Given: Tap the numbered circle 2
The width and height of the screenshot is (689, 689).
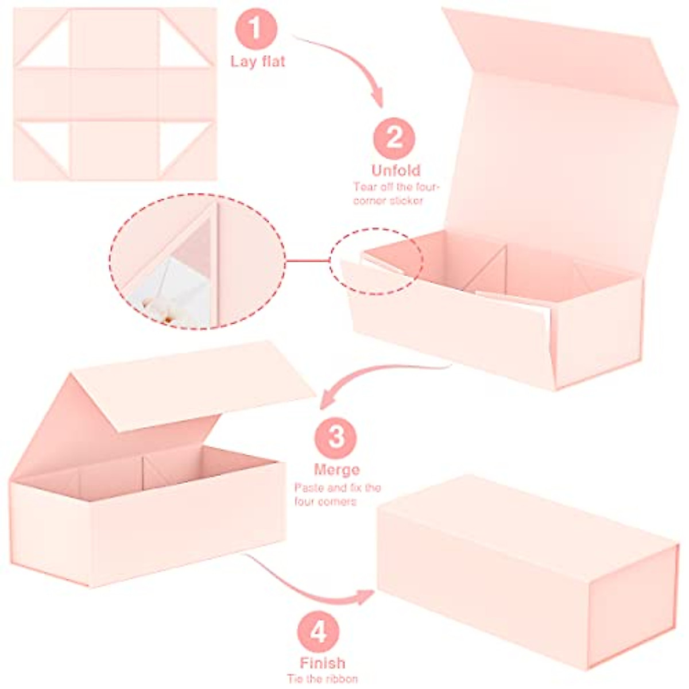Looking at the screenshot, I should click(394, 138).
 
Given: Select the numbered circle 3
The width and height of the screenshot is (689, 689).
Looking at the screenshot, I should click(335, 438).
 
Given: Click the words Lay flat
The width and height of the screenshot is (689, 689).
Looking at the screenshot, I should click(258, 61).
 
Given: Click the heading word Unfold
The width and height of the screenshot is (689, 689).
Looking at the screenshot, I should click(396, 171).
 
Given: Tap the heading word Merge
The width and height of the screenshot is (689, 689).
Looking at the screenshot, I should click(336, 470).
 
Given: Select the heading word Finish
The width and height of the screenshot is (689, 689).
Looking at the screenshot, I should click(322, 663).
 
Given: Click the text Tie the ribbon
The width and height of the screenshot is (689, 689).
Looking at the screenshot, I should click(322, 678).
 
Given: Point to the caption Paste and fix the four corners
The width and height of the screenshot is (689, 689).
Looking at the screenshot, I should click(338, 495).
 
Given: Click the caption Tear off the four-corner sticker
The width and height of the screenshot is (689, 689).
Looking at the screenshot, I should click(396, 193).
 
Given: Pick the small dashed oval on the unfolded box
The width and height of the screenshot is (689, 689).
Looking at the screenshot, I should click(376, 261).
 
